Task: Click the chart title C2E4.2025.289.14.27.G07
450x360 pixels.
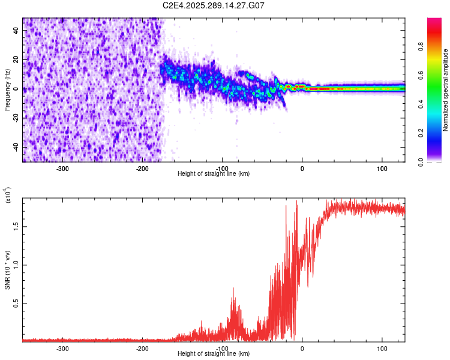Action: click(214, 5)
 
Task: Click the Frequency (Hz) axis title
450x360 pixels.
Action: click(7, 90)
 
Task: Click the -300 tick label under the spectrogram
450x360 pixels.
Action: click(63, 169)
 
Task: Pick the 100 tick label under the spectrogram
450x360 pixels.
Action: click(382, 169)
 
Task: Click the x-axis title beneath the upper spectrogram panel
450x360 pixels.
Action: click(214, 174)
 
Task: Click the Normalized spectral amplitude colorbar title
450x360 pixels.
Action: click(446, 90)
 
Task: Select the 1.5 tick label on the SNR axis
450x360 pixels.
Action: click(17, 226)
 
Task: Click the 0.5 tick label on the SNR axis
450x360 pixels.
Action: click(17, 304)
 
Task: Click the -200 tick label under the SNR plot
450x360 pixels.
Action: click(143, 348)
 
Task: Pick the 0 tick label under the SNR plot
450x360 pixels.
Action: click(302, 348)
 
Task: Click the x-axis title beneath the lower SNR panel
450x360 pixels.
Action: click(214, 354)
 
